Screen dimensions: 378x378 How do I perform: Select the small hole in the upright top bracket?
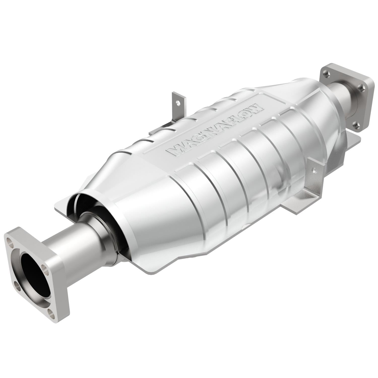click(178, 103)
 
